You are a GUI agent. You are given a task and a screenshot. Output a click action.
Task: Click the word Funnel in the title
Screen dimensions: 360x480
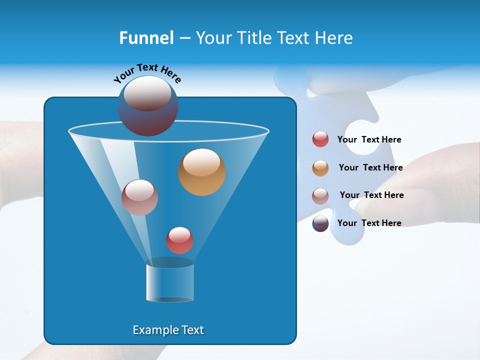tap(146, 38)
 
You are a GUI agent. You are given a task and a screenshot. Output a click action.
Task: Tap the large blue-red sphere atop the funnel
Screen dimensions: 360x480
tap(148, 106)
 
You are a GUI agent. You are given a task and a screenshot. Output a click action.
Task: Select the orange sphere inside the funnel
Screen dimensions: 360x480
tap(202, 172)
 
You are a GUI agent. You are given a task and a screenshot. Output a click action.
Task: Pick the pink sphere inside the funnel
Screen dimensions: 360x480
tap(139, 197)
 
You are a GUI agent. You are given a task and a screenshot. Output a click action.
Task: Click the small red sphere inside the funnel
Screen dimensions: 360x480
tap(179, 240)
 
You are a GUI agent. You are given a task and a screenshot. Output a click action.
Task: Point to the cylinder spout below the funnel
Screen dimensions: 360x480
tap(170, 282)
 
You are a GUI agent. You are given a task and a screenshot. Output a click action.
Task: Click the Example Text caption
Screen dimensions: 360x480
tap(168, 330)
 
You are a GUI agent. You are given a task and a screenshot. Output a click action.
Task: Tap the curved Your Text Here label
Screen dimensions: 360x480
tap(147, 73)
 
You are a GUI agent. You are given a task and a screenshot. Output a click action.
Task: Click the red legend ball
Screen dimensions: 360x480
tap(320, 139)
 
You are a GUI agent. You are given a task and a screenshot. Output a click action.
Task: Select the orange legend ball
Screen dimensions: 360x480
tap(320, 168)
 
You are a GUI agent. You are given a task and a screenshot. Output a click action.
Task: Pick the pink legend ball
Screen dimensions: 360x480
tap(320, 196)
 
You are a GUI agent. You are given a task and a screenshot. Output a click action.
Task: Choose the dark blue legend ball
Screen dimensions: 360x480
tap(320, 223)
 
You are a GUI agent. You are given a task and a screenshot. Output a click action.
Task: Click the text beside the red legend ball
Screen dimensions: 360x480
tap(369, 139)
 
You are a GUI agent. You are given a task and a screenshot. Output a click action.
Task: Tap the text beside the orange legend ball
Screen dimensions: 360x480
tap(370, 167)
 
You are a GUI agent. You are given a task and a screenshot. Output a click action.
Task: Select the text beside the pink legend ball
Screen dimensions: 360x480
tap(371, 195)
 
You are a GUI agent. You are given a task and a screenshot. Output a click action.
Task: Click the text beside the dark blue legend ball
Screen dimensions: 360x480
tap(369, 223)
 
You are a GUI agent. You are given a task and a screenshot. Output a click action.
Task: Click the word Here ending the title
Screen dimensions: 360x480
tap(335, 38)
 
